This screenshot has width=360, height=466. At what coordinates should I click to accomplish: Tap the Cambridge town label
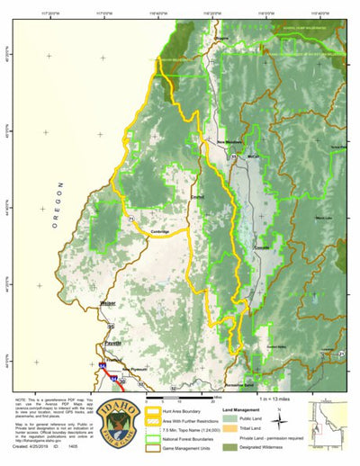coord(160,231)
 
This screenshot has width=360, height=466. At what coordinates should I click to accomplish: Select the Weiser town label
coord(108,303)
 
